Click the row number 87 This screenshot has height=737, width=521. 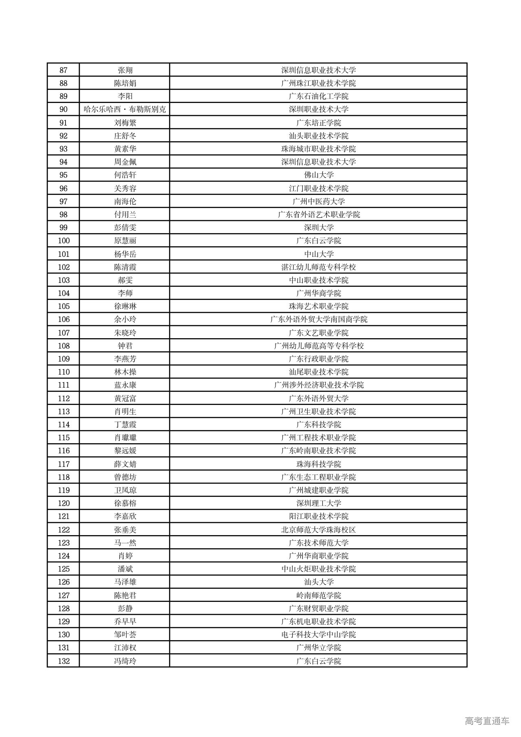coord(63,70)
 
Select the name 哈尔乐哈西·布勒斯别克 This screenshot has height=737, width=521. coord(125,109)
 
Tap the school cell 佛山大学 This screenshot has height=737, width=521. coord(319,175)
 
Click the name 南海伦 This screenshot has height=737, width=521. coord(125,201)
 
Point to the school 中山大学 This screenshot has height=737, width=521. coord(319,254)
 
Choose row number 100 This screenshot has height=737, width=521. coord(63,241)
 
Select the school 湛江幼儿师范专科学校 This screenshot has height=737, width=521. coord(319,267)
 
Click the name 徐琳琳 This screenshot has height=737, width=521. coord(125,306)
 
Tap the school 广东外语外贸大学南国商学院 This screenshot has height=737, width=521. coord(319,319)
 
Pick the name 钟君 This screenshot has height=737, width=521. coord(125,346)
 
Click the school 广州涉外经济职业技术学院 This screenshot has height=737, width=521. coord(319,385)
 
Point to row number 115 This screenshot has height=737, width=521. coord(63,437)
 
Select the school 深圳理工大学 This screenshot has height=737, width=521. coord(319,503)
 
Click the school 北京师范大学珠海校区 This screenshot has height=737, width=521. coord(319,529)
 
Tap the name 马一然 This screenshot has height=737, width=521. coord(125,542)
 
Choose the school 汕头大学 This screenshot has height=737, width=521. coord(319,582)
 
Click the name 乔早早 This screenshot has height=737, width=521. coord(125,621)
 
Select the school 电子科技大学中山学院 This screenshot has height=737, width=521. coord(319,634)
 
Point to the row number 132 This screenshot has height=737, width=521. coord(63,661)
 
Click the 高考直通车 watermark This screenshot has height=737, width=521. coord(487,721)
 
